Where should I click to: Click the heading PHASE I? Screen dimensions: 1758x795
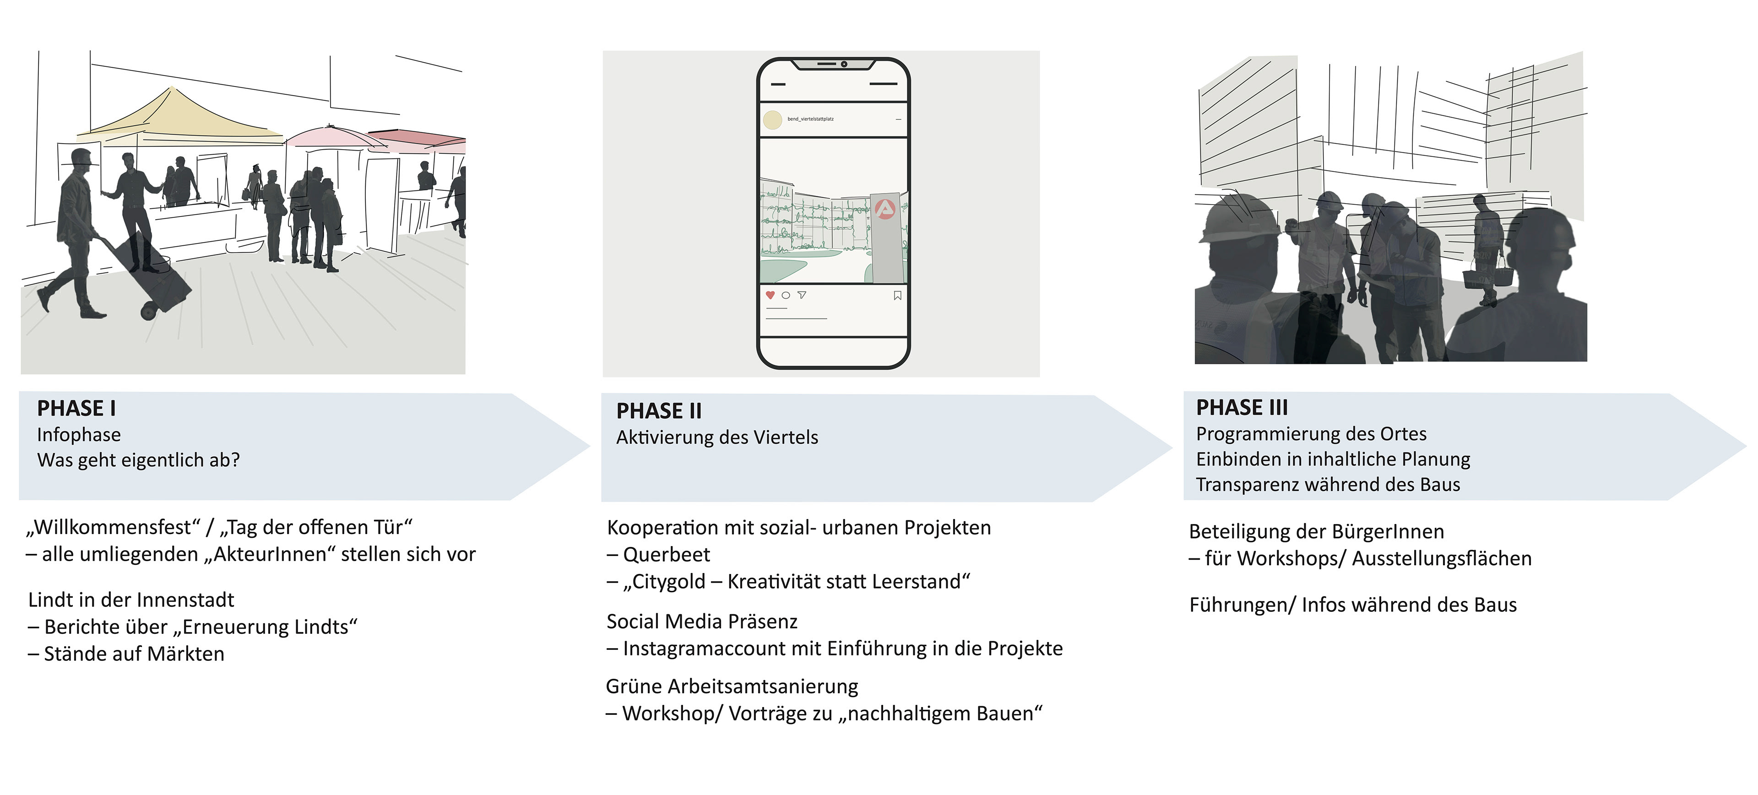pos(76,408)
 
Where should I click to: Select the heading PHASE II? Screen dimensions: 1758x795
pos(659,411)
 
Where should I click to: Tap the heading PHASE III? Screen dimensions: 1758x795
pos(1242,407)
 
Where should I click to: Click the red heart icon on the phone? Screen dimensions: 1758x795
pos(770,296)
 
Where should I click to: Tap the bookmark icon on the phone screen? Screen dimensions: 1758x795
pos(897,296)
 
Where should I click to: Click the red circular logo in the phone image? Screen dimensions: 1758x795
pos(884,209)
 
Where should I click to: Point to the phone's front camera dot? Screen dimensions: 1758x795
pos(843,64)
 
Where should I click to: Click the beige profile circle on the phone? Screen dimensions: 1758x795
pos(772,120)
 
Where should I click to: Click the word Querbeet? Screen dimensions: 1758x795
pos(666,555)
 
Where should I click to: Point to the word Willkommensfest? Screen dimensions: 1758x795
pos(113,528)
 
